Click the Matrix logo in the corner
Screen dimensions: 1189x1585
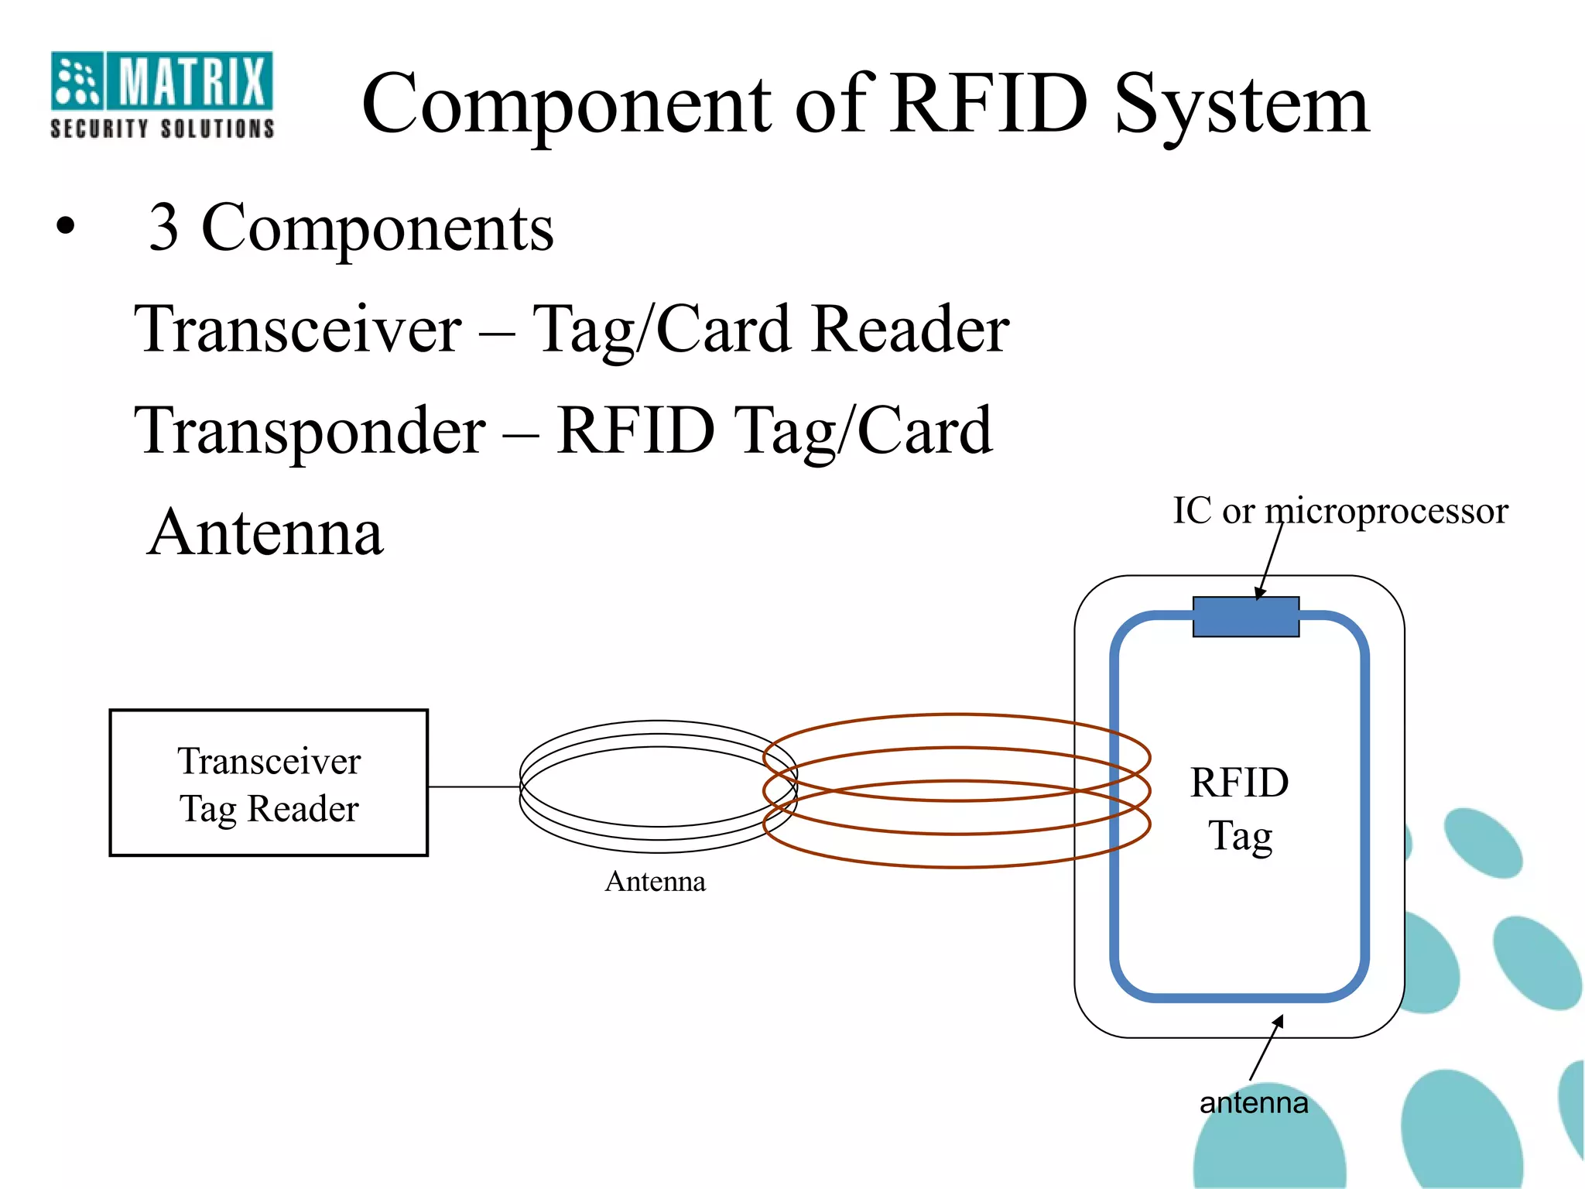coord(161,81)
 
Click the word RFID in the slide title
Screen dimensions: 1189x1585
coord(989,105)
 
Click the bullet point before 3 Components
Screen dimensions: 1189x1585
coord(66,227)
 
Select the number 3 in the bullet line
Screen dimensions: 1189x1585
coord(164,228)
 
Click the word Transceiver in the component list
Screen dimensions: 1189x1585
coord(298,329)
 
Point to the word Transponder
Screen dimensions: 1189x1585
coord(310,432)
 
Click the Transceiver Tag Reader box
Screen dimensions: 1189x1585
coord(269,783)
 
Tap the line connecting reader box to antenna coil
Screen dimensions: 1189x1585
coord(474,786)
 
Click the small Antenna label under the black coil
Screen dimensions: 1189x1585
coord(655,882)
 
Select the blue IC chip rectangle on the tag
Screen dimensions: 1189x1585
coord(1245,617)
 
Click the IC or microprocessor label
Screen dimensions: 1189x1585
coord(1340,511)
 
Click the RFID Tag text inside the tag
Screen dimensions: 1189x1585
coord(1239,809)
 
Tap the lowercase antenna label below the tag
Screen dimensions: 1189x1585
coord(1254,1102)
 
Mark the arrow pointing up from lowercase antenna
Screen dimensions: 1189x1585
coord(1266,1048)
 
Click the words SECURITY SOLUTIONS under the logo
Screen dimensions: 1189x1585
coord(162,128)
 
